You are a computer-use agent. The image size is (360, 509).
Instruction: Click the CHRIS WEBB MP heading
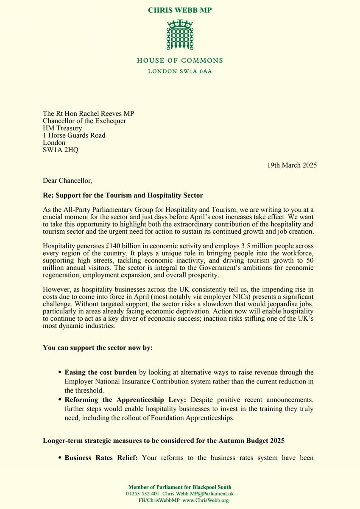(180, 10)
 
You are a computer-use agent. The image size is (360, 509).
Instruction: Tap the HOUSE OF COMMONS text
(180, 61)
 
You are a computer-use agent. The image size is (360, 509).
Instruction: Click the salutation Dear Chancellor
(67, 181)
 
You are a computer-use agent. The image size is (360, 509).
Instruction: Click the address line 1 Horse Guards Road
(74, 135)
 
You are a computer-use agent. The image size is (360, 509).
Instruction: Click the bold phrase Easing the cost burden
(100, 372)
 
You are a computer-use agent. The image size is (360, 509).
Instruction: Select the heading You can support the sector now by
(98, 347)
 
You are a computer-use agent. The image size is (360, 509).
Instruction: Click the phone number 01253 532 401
(144, 494)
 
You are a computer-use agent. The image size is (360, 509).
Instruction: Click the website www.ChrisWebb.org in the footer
(206, 501)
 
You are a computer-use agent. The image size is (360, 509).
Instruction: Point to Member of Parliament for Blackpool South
(180, 487)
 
